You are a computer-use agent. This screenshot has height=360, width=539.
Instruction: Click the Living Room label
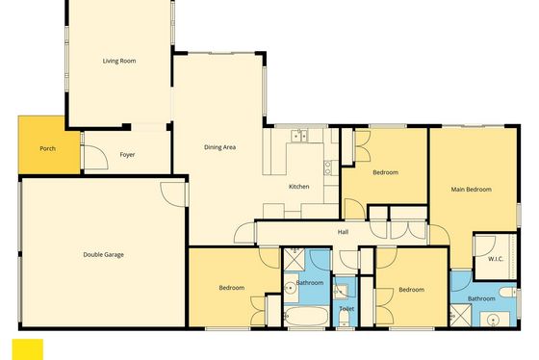point(119,61)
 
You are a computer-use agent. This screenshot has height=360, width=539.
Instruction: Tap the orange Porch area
point(49,144)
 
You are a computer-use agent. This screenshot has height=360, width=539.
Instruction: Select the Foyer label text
point(127,155)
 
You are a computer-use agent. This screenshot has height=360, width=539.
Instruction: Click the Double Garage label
point(104,255)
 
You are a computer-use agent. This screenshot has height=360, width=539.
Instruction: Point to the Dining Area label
point(220,147)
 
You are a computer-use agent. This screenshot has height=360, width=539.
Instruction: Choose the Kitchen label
point(298,187)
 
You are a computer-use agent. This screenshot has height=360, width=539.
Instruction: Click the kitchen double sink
point(298,136)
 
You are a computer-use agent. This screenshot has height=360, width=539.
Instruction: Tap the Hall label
point(343,232)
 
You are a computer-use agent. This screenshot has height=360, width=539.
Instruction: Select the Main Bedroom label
point(471,189)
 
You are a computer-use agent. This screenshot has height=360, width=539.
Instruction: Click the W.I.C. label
point(496,259)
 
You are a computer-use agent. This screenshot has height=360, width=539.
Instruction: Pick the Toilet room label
point(346,308)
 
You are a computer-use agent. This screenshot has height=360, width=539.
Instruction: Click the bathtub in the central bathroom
point(307,316)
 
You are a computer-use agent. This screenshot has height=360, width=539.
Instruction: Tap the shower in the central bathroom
point(295,260)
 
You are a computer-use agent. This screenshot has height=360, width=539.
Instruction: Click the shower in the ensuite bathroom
point(460,316)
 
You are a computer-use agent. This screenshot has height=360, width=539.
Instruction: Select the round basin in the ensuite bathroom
point(493,321)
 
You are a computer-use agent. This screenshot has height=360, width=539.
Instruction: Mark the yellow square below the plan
point(28,349)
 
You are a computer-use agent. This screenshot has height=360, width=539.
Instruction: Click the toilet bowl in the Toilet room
point(345,319)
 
